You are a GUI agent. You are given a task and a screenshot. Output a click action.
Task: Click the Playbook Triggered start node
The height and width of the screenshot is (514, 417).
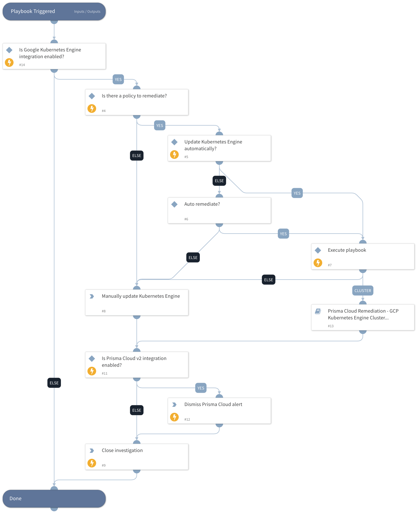click(x=54, y=11)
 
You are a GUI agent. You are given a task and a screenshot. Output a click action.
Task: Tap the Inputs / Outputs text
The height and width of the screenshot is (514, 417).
click(x=87, y=12)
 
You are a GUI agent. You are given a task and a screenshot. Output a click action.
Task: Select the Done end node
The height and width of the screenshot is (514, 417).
click(x=54, y=498)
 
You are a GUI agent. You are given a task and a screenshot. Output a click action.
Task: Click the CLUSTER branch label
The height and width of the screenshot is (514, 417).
click(x=363, y=291)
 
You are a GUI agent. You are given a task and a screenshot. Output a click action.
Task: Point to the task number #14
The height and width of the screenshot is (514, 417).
click(x=22, y=65)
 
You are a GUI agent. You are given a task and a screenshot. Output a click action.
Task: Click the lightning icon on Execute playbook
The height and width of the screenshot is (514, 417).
click(x=318, y=263)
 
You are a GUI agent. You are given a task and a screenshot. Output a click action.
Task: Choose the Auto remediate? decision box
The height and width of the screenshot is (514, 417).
click(x=219, y=210)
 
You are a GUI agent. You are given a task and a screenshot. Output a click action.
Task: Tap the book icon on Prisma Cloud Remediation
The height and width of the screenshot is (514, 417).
click(x=318, y=311)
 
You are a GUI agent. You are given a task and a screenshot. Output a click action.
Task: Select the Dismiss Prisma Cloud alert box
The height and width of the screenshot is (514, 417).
click(x=219, y=411)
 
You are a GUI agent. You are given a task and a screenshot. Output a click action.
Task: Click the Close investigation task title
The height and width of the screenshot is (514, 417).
click(x=122, y=450)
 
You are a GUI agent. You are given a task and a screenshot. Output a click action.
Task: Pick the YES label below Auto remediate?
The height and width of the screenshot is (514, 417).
click(x=283, y=234)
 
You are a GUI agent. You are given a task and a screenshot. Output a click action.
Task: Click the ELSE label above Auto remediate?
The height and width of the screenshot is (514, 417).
click(x=219, y=181)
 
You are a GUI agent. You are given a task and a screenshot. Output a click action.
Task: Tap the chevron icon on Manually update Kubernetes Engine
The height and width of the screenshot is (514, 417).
click(x=92, y=296)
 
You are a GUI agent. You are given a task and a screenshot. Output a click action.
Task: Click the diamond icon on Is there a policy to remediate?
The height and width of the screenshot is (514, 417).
click(x=92, y=96)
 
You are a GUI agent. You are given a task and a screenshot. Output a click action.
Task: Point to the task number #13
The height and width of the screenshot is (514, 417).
click(x=331, y=326)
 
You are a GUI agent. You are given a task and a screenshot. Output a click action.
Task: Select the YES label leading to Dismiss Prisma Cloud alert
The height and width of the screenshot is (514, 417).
click(x=201, y=388)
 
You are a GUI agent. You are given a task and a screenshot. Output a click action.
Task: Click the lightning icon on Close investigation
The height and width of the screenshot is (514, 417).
click(x=92, y=463)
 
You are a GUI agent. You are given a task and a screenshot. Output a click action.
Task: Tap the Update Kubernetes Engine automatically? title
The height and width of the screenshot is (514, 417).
click(x=213, y=145)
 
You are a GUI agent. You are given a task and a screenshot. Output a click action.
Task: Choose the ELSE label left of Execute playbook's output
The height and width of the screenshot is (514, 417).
click(x=268, y=280)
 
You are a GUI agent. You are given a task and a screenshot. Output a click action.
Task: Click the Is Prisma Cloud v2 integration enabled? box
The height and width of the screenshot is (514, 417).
click(x=137, y=365)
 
